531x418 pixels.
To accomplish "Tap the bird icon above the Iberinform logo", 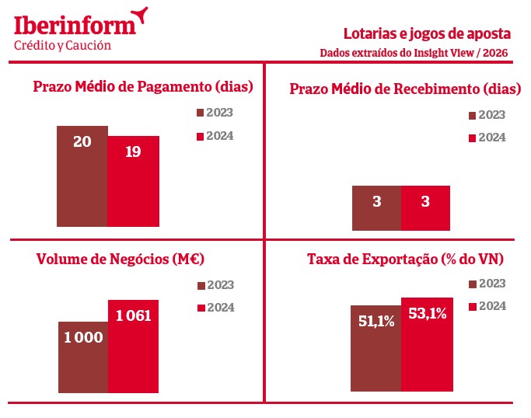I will pos(139,13).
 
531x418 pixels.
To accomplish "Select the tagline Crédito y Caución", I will pos(63,45).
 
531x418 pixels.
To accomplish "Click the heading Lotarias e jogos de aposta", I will pos(427,34).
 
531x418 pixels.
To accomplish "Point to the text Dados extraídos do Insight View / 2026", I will pos(415,53).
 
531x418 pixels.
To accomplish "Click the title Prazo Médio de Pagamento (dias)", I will pos(144,86).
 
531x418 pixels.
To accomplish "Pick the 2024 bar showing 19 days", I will pos(133,181).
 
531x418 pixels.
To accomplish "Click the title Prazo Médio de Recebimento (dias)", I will pos(405,89).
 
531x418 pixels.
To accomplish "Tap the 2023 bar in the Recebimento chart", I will pos(376,207).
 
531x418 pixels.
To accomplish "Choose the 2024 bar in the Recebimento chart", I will pos(425,207).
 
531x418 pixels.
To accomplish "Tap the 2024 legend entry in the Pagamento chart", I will pos(215,136).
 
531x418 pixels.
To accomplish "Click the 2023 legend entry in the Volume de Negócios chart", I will pos(215,285).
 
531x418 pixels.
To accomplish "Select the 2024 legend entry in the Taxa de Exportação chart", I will pos(487,306).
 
